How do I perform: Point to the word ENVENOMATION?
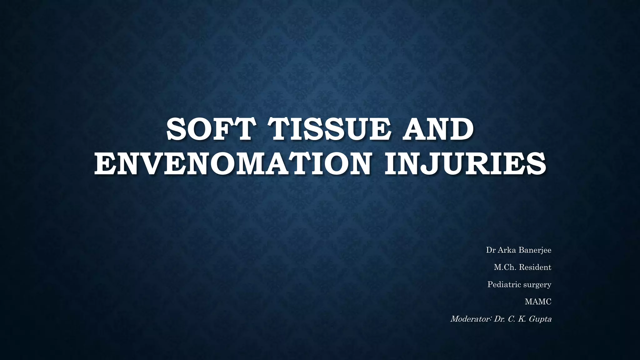pyautogui.click(x=232, y=164)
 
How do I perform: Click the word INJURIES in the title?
pyautogui.click(x=465, y=164)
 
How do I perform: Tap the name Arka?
pyautogui.click(x=507, y=250)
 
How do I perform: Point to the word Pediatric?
pyautogui.click(x=503, y=285)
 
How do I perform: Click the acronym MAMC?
pyautogui.click(x=538, y=302)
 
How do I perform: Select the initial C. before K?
pyautogui.click(x=512, y=319)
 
